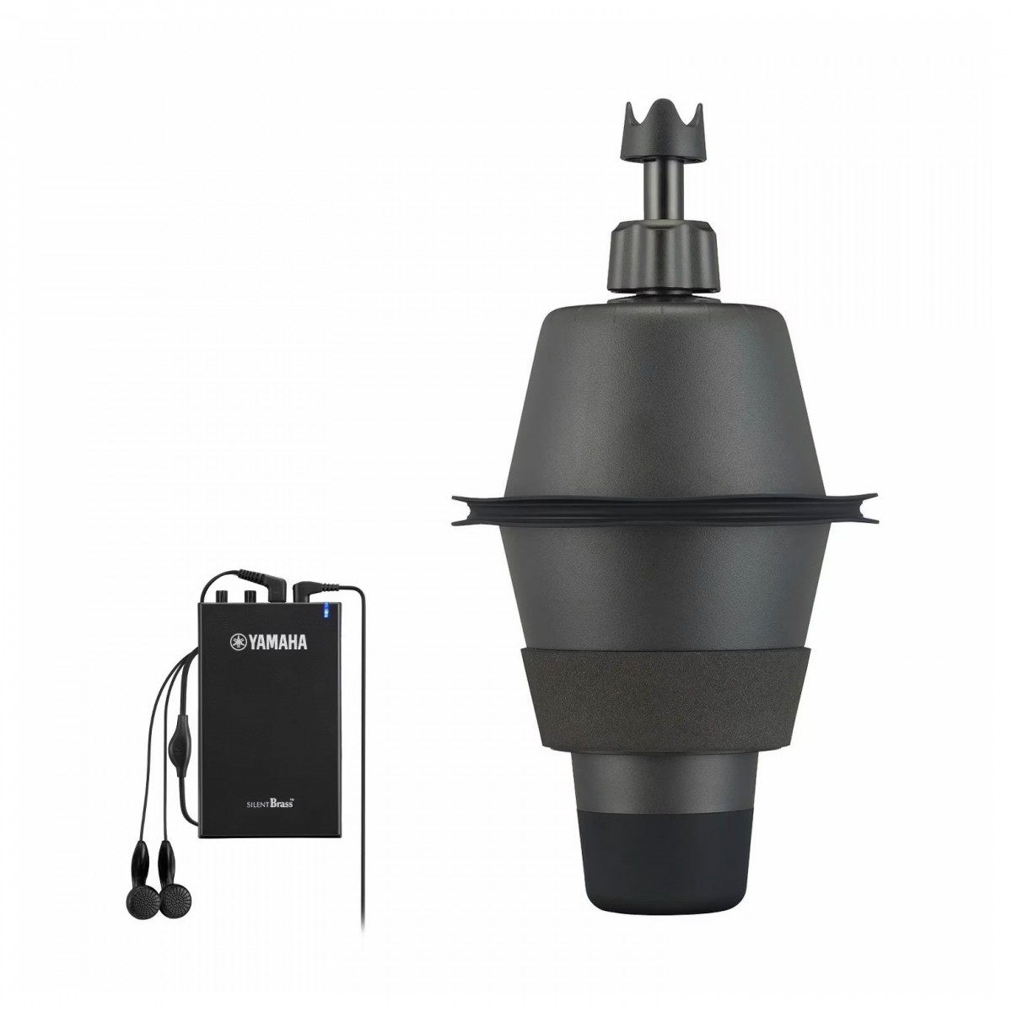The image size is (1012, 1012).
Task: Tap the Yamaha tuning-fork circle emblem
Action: click(x=238, y=641)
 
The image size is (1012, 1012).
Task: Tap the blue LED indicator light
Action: click(x=326, y=611)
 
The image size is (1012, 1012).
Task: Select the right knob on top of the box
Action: click(x=250, y=595)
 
